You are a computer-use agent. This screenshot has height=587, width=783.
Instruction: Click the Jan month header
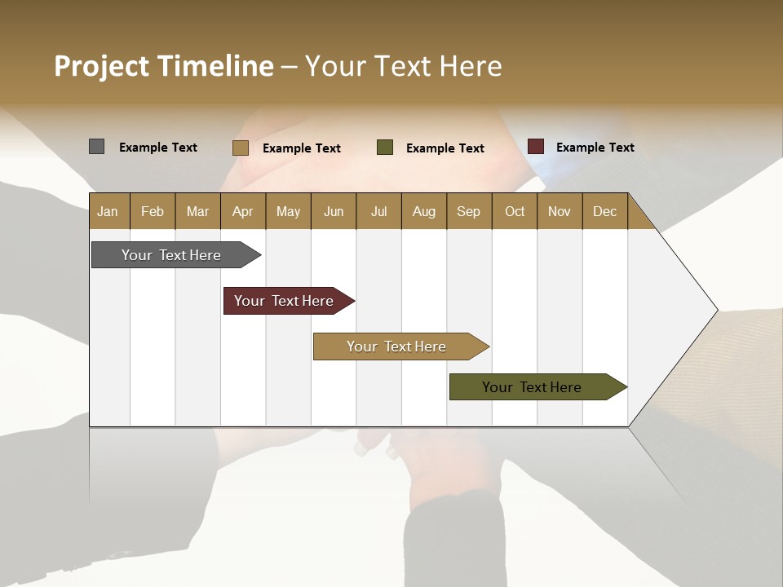tap(108, 211)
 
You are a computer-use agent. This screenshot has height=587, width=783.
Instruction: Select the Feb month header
tap(153, 211)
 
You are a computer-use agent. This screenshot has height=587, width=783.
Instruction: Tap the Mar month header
tap(197, 211)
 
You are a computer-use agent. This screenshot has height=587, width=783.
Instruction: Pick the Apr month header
tap(243, 211)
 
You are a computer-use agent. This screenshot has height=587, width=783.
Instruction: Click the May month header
tap(288, 211)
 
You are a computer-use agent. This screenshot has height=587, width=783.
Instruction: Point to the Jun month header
tap(334, 211)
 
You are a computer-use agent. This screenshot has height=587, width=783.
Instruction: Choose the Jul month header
tap(378, 211)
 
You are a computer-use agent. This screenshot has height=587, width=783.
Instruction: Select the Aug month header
tap(424, 211)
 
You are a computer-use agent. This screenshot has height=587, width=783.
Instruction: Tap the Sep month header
tap(469, 211)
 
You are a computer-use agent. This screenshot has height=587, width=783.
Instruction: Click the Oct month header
tap(515, 211)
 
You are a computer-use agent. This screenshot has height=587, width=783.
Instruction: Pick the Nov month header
tap(560, 211)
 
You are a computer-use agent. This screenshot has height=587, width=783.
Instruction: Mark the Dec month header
tap(605, 211)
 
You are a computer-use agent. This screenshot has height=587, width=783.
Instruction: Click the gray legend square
tap(96, 147)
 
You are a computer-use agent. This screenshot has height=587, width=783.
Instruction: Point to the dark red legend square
tap(535, 147)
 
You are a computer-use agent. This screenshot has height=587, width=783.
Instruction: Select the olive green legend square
tap(385, 148)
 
